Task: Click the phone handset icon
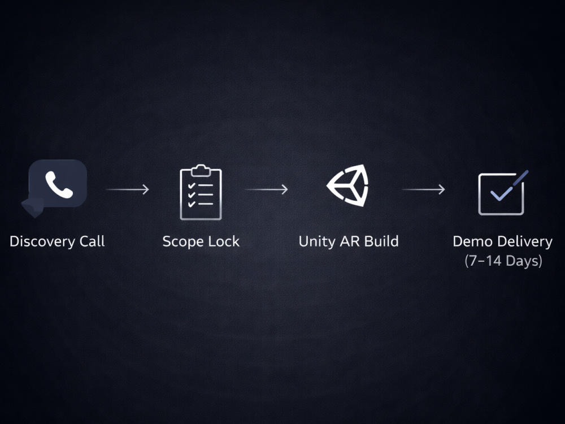tap(59, 185)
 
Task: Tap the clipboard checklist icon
tap(201, 192)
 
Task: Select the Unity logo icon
tap(347, 185)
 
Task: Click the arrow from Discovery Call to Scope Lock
tap(128, 189)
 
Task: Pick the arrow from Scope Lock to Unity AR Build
tap(267, 189)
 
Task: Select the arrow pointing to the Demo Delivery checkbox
tap(423, 189)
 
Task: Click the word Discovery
tap(42, 241)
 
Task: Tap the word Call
tap(92, 241)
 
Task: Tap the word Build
tap(382, 241)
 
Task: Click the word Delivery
tap(525, 242)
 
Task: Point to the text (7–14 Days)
tap(503, 261)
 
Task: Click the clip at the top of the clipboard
tap(201, 171)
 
